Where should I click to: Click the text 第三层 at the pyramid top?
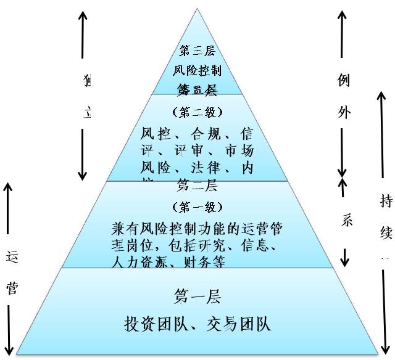coord(197,51)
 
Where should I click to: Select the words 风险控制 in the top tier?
coord(197,70)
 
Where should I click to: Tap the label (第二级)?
coord(197,112)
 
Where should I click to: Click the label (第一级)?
coord(197,207)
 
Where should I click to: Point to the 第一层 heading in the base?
coord(197,298)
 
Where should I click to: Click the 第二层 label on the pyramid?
coord(197,186)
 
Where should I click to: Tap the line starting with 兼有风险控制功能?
coord(197,228)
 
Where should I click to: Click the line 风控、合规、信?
coord(197,134)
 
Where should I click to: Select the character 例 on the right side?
coord(345,81)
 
